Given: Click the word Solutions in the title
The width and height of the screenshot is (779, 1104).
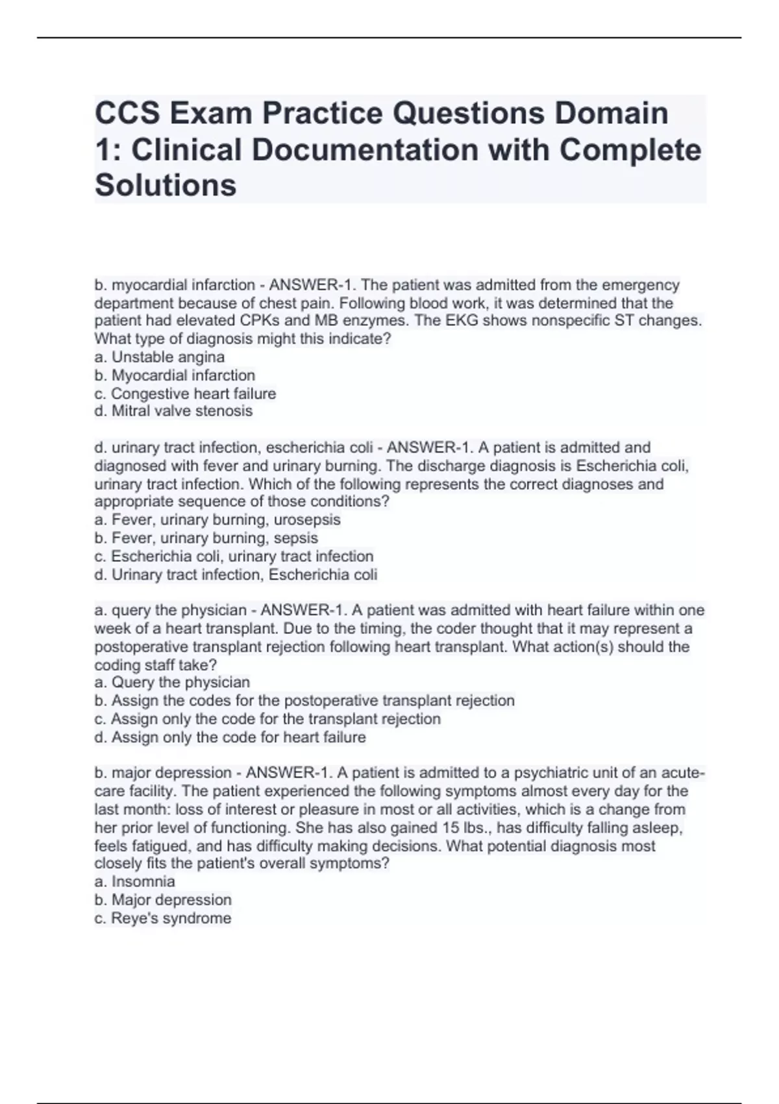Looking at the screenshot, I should coord(166,185).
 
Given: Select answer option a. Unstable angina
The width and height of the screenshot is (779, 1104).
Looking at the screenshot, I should coord(160,357).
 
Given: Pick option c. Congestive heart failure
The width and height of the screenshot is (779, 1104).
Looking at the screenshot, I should coord(185,394).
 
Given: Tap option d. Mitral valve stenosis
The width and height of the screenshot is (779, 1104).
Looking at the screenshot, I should coord(173,411).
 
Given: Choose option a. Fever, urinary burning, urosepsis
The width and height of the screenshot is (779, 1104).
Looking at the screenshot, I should coord(217,520).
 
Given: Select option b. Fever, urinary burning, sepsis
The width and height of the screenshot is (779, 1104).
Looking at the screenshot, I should coord(206,538).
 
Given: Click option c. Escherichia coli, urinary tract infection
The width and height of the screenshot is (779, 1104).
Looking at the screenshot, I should coord(234,557).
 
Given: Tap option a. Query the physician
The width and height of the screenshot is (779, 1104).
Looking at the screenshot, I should coord(172,683).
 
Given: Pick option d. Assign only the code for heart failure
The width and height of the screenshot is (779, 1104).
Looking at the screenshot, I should coord(230,737).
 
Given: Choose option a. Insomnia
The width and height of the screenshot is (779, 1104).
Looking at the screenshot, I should coord(134,881).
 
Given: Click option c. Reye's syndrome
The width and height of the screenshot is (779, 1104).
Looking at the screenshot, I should coord(163,918).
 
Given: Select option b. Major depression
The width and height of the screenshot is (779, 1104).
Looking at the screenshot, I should coord(163,900).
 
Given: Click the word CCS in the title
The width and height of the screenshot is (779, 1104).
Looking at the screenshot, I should coord(127,114).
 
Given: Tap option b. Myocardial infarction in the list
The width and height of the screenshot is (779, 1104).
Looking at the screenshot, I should coord(175,375).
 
